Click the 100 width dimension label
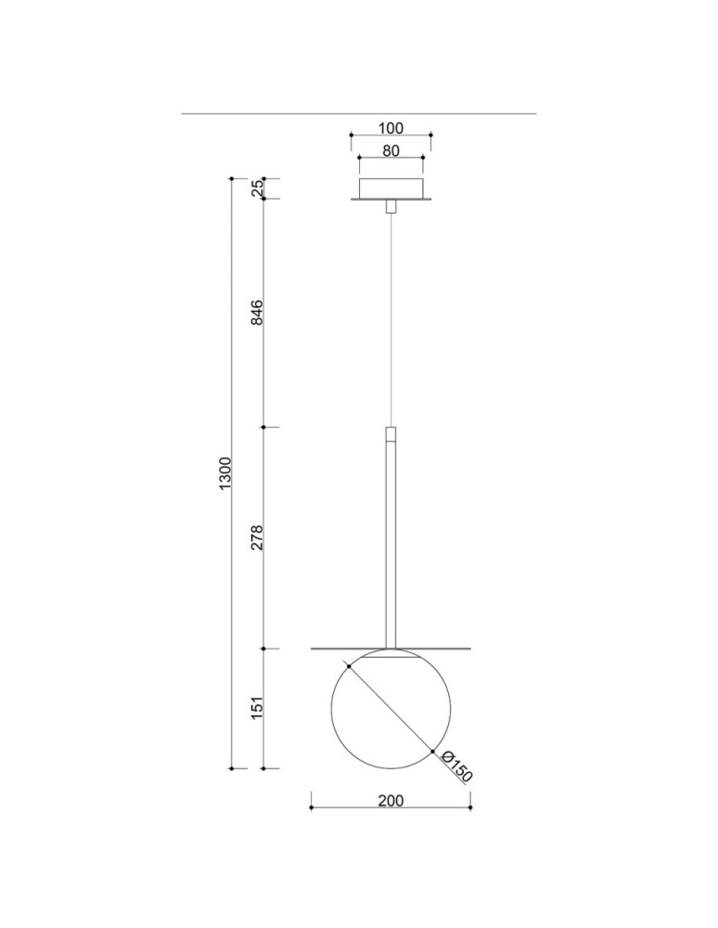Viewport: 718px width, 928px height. coord(391,129)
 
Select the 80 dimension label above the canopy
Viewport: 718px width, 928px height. coord(391,149)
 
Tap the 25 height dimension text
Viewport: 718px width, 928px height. coord(259,187)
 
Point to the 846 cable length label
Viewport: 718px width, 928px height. coord(259,313)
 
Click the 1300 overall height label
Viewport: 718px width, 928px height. coord(225,473)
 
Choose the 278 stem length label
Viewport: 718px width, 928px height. coord(259,537)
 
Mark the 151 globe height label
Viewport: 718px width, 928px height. coord(259,707)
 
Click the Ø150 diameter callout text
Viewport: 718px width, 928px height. coord(457,767)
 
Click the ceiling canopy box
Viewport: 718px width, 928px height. coord(391,188)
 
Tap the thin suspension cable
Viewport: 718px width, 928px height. coord(391,316)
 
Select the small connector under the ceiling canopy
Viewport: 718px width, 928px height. coord(391,206)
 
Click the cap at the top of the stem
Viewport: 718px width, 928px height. coord(391,433)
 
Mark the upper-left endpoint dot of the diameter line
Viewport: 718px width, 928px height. coord(347,664)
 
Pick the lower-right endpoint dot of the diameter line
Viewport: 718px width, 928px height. coord(433,751)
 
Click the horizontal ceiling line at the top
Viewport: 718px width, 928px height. coord(359,113)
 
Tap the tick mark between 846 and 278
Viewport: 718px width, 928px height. coord(264,427)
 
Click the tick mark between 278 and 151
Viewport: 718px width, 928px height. coord(264,648)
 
